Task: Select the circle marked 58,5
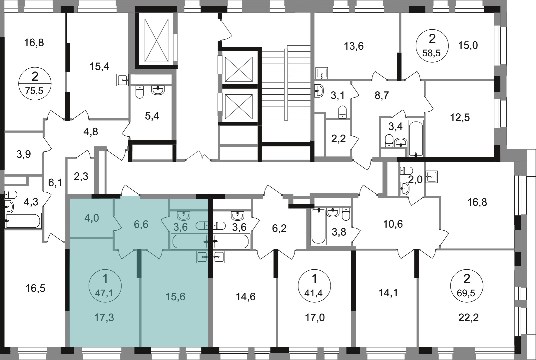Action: (432, 49)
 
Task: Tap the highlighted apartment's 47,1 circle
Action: (105, 286)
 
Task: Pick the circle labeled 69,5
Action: (467, 286)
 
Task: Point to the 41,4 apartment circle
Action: (314, 286)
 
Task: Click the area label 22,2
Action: (468, 318)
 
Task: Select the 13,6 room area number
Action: (354, 46)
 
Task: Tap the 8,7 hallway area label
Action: (382, 96)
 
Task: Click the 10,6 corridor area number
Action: (393, 224)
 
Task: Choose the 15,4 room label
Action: (99, 66)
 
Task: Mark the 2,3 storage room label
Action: (81, 177)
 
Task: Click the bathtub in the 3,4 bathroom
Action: (416, 138)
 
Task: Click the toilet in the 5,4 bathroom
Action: (139, 92)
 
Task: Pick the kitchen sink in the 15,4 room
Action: (123, 80)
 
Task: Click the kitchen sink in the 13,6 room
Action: (321, 73)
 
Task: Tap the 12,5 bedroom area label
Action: (460, 118)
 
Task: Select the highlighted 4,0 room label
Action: (92, 218)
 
